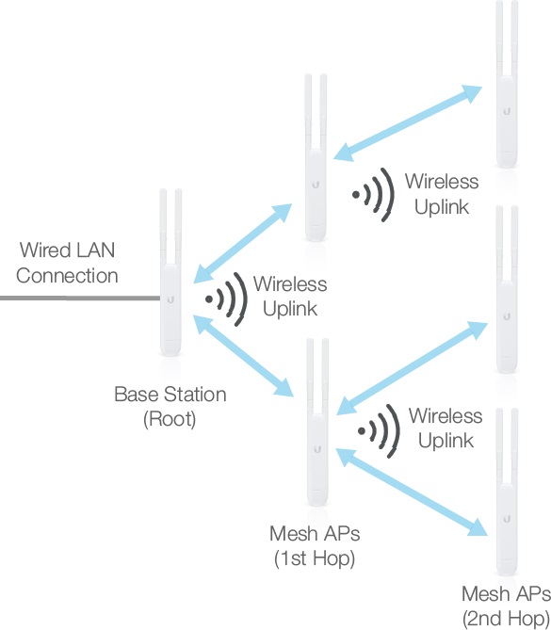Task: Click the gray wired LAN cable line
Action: coord(80,299)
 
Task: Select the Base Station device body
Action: coord(170,272)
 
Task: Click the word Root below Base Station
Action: coord(170,419)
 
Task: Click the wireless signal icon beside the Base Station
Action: coord(227,299)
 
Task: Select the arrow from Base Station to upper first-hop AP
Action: coord(242,244)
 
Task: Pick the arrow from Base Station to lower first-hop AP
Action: coord(243,356)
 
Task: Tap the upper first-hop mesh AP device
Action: coord(316,157)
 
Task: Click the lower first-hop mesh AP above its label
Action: coord(317,422)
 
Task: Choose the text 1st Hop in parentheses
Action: coord(315,558)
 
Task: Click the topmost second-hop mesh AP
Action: coord(507,84)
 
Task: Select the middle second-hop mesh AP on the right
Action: coord(507,289)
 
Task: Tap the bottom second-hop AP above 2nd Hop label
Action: coord(507,492)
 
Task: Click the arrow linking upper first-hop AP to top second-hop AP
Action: coord(408,123)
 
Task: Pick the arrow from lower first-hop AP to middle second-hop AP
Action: coord(413,368)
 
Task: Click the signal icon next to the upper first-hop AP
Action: coord(374,195)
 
